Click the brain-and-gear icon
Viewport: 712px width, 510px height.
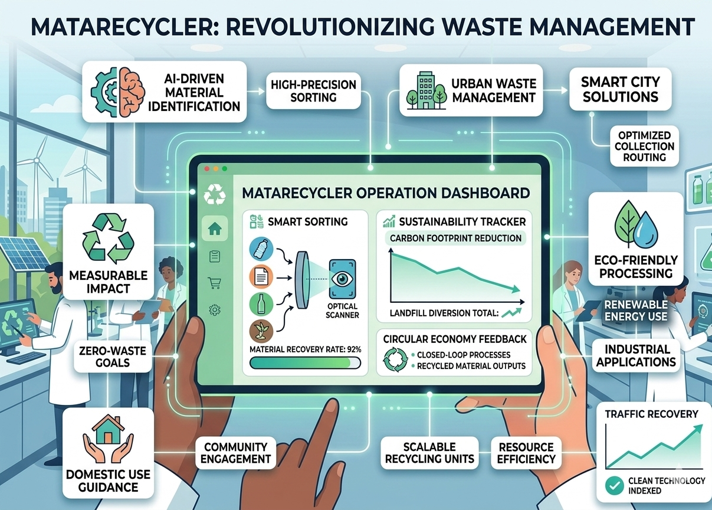(118, 92)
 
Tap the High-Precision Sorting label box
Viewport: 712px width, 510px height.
(313, 91)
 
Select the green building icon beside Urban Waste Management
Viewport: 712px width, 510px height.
(426, 90)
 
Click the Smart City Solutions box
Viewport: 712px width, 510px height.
(620, 89)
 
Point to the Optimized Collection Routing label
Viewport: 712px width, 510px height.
(644, 146)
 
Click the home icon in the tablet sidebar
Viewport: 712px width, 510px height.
(215, 228)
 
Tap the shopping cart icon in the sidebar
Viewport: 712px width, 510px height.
(215, 283)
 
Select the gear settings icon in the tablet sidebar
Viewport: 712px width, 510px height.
(215, 309)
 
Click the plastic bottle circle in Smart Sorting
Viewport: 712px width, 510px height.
(261, 249)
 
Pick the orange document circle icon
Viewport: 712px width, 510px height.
(261, 276)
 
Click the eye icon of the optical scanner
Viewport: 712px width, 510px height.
(342, 279)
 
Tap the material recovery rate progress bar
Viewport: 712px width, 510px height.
(305, 362)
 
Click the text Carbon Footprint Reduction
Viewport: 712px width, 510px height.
(455, 238)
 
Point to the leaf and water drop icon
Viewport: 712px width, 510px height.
(636, 224)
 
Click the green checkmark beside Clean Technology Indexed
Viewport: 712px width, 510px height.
(614, 485)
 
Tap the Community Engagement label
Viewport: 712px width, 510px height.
(235, 453)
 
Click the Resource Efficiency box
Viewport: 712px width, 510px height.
(526, 453)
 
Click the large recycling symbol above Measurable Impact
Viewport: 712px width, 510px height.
(108, 238)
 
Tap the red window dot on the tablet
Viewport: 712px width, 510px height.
(207, 169)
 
